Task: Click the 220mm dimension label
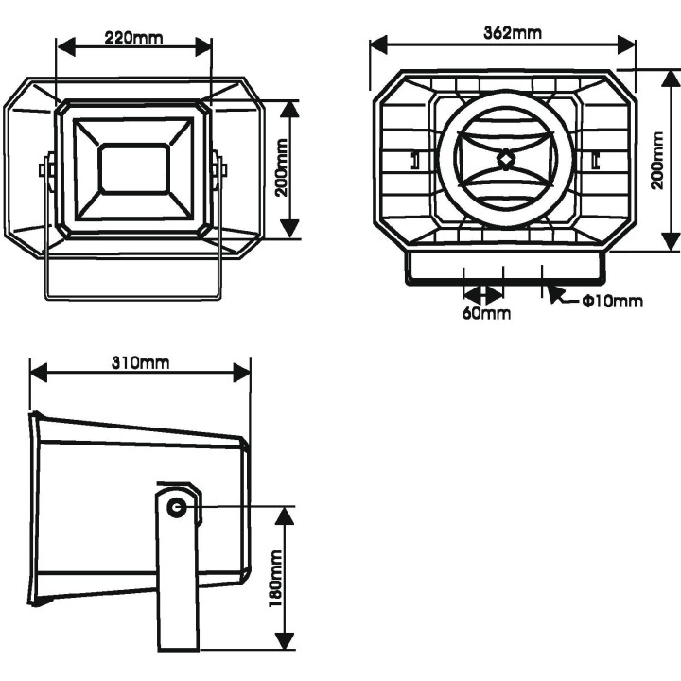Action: (x=133, y=39)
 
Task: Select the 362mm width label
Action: (x=512, y=32)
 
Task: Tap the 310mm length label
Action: (x=140, y=363)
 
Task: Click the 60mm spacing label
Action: (x=485, y=313)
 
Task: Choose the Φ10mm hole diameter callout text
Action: (x=611, y=302)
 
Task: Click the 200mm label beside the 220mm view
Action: (x=281, y=168)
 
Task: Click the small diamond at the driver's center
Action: (x=506, y=158)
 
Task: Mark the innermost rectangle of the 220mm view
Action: (x=133, y=168)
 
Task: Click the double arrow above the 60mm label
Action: (x=482, y=294)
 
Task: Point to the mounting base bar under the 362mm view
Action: (x=503, y=277)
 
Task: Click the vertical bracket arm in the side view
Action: (x=176, y=586)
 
